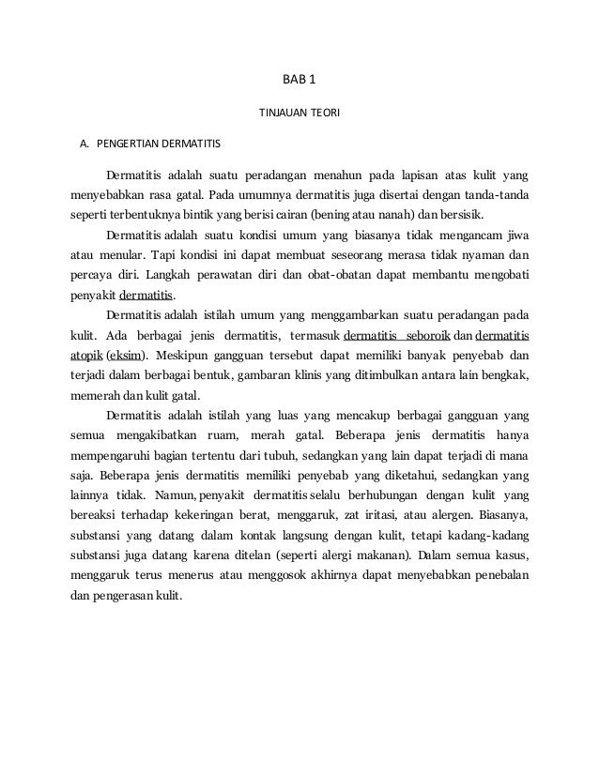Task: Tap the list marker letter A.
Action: point(84,145)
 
